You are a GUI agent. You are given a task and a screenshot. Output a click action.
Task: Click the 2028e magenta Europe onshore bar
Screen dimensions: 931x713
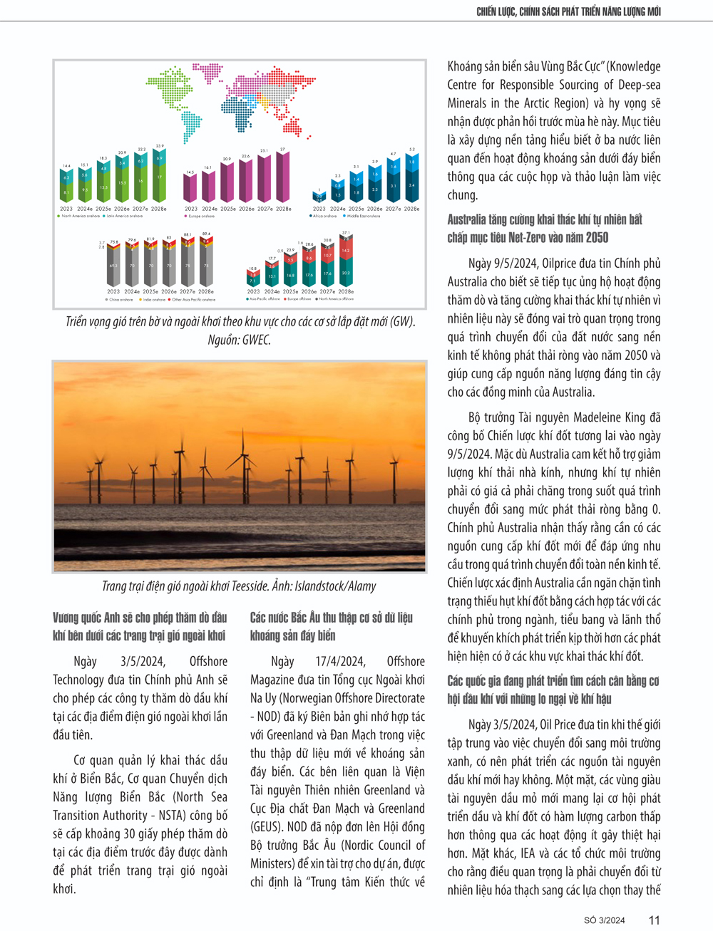coord(283,177)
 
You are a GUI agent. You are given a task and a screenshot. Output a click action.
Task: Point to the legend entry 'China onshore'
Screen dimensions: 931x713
coord(120,300)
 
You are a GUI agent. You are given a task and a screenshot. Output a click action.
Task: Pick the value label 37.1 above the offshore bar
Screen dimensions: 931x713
coord(346,233)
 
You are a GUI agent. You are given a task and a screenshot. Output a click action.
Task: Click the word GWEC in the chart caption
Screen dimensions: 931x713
coord(255,340)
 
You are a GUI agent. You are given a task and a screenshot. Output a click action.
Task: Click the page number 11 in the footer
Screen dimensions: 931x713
coord(654,920)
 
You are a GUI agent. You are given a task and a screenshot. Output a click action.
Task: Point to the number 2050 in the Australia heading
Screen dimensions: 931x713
coord(597,238)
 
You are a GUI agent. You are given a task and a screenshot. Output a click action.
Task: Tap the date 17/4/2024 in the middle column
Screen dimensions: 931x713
coord(341,662)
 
